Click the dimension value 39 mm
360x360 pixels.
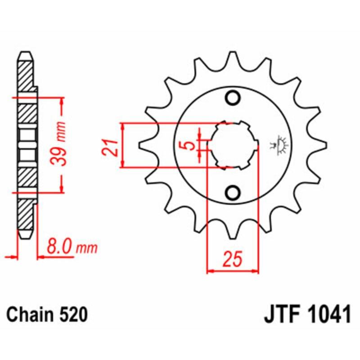coord(62,144)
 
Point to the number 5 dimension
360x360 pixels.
coord(189,145)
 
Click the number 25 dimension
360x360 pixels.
coord(233,260)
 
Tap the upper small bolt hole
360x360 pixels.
coord(233,98)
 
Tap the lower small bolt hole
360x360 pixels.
coord(233,193)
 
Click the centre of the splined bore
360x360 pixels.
coord(233,145)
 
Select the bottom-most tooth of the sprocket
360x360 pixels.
coord(233,234)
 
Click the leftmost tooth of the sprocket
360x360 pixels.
coord(143,145)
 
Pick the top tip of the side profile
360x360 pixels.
coord(26,53)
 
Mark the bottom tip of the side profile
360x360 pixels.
coord(26,238)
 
